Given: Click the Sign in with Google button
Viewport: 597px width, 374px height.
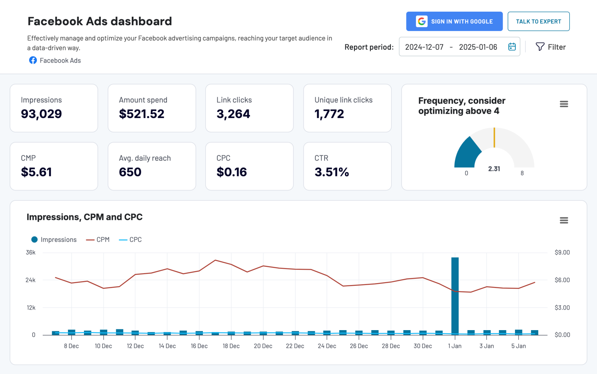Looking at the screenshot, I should (454, 21).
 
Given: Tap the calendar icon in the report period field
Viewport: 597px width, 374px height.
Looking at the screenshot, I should (512, 47).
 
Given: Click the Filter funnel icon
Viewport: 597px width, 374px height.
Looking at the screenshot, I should (540, 47).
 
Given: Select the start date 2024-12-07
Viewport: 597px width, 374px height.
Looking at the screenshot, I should (424, 47).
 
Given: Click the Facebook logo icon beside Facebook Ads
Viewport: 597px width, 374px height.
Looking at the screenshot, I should (33, 60).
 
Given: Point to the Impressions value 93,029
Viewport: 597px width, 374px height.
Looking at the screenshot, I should (41, 114).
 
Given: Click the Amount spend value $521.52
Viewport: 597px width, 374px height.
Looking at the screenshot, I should (141, 114).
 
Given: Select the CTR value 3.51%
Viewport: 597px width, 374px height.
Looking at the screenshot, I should (332, 172).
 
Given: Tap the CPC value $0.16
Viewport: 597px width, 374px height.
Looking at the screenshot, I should (232, 172).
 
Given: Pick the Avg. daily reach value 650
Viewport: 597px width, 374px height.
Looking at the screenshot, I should (130, 172).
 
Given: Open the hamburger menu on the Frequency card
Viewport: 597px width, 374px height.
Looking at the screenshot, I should (564, 104).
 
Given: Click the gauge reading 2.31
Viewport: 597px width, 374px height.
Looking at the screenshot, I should (494, 169).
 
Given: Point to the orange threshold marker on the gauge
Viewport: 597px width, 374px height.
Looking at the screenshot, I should (494, 137).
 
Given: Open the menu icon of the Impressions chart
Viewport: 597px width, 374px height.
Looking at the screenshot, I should (564, 221).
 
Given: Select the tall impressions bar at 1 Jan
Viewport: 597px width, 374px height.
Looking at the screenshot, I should (455, 295).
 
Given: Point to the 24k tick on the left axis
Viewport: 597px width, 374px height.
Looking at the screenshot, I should (30, 280).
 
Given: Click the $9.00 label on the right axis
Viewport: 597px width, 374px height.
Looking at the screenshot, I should (562, 252).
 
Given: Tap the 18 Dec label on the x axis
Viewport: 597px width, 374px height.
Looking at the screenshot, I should (231, 346).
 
